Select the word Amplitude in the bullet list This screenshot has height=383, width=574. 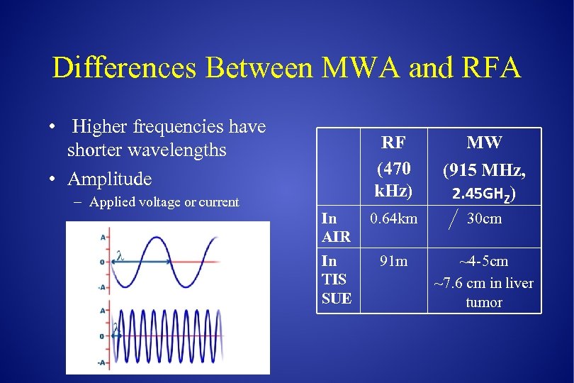pos(109,178)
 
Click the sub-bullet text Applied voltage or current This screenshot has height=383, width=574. pos(164,202)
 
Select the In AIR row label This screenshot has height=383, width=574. pos(336,228)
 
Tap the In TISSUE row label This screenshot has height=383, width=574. pos(336,279)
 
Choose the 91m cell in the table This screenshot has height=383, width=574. pos(393,261)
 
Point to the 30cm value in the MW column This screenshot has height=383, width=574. pos(485,219)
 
